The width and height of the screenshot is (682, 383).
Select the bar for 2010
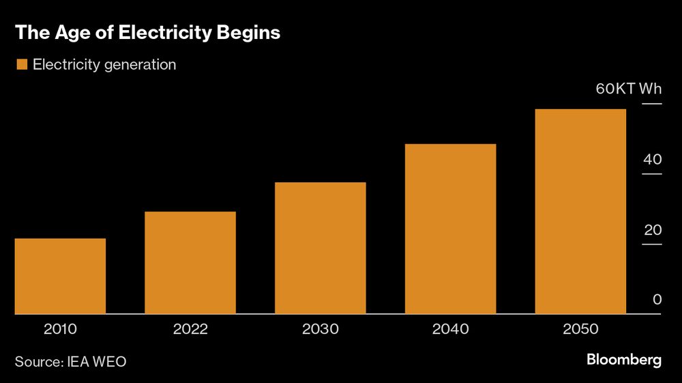[60, 276]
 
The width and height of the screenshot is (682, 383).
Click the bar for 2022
[190, 263]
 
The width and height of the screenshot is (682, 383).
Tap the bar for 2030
[321, 248]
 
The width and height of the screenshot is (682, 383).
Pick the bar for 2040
[450, 229]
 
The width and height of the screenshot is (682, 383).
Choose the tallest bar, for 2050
[580, 212]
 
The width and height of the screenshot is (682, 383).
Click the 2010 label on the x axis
[60, 329]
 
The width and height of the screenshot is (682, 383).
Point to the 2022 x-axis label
[190, 329]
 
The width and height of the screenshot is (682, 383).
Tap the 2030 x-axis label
[321, 329]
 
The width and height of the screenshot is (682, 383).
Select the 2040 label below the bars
[450, 329]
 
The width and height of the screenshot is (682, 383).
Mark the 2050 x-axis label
[580, 329]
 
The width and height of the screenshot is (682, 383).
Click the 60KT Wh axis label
[628, 89]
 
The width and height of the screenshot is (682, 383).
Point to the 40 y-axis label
[653, 160]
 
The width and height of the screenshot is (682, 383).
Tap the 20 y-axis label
[653, 230]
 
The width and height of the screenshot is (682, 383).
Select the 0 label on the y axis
[657, 300]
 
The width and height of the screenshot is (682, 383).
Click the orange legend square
[21, 65]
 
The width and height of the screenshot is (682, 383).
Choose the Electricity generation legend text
[104, 65]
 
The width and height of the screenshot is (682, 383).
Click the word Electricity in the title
[171, 33]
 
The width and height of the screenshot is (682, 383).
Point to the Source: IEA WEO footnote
[70, 361]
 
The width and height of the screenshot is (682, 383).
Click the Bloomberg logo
[624, 360]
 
